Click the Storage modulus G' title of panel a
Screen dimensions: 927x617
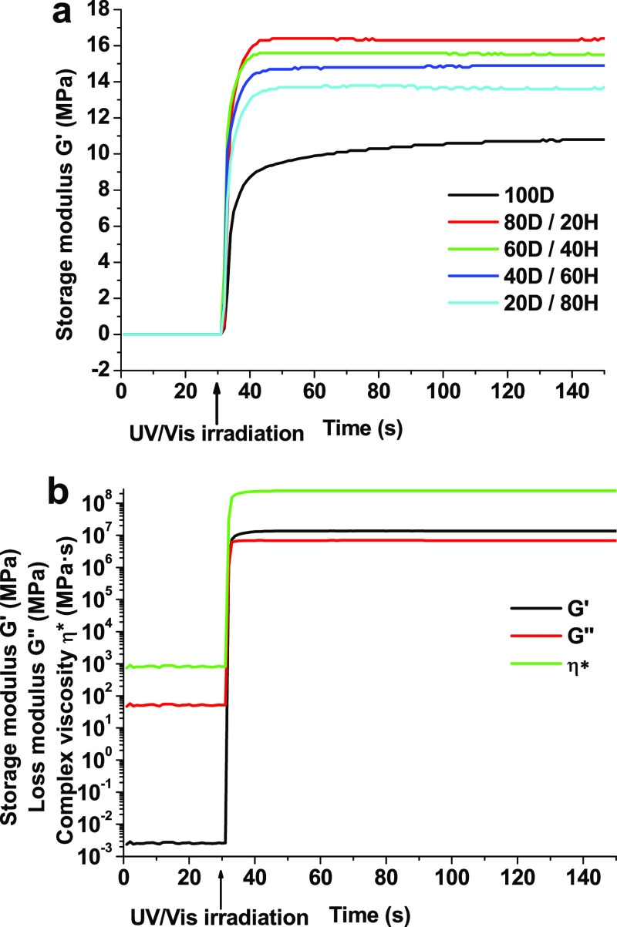[x=68, y=190]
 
